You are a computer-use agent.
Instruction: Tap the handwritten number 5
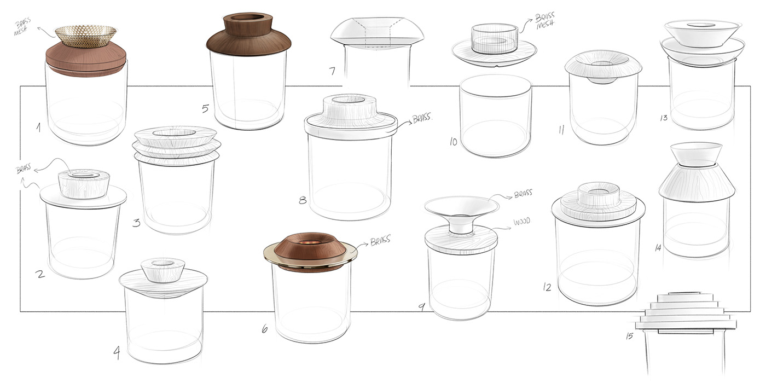pos(205,108)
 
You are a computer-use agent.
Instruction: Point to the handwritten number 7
pos(332,71)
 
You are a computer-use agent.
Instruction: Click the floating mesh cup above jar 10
pos(495,38)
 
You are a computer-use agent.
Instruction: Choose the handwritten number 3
pos(136,222)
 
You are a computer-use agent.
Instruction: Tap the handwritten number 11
pos(561,130)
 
